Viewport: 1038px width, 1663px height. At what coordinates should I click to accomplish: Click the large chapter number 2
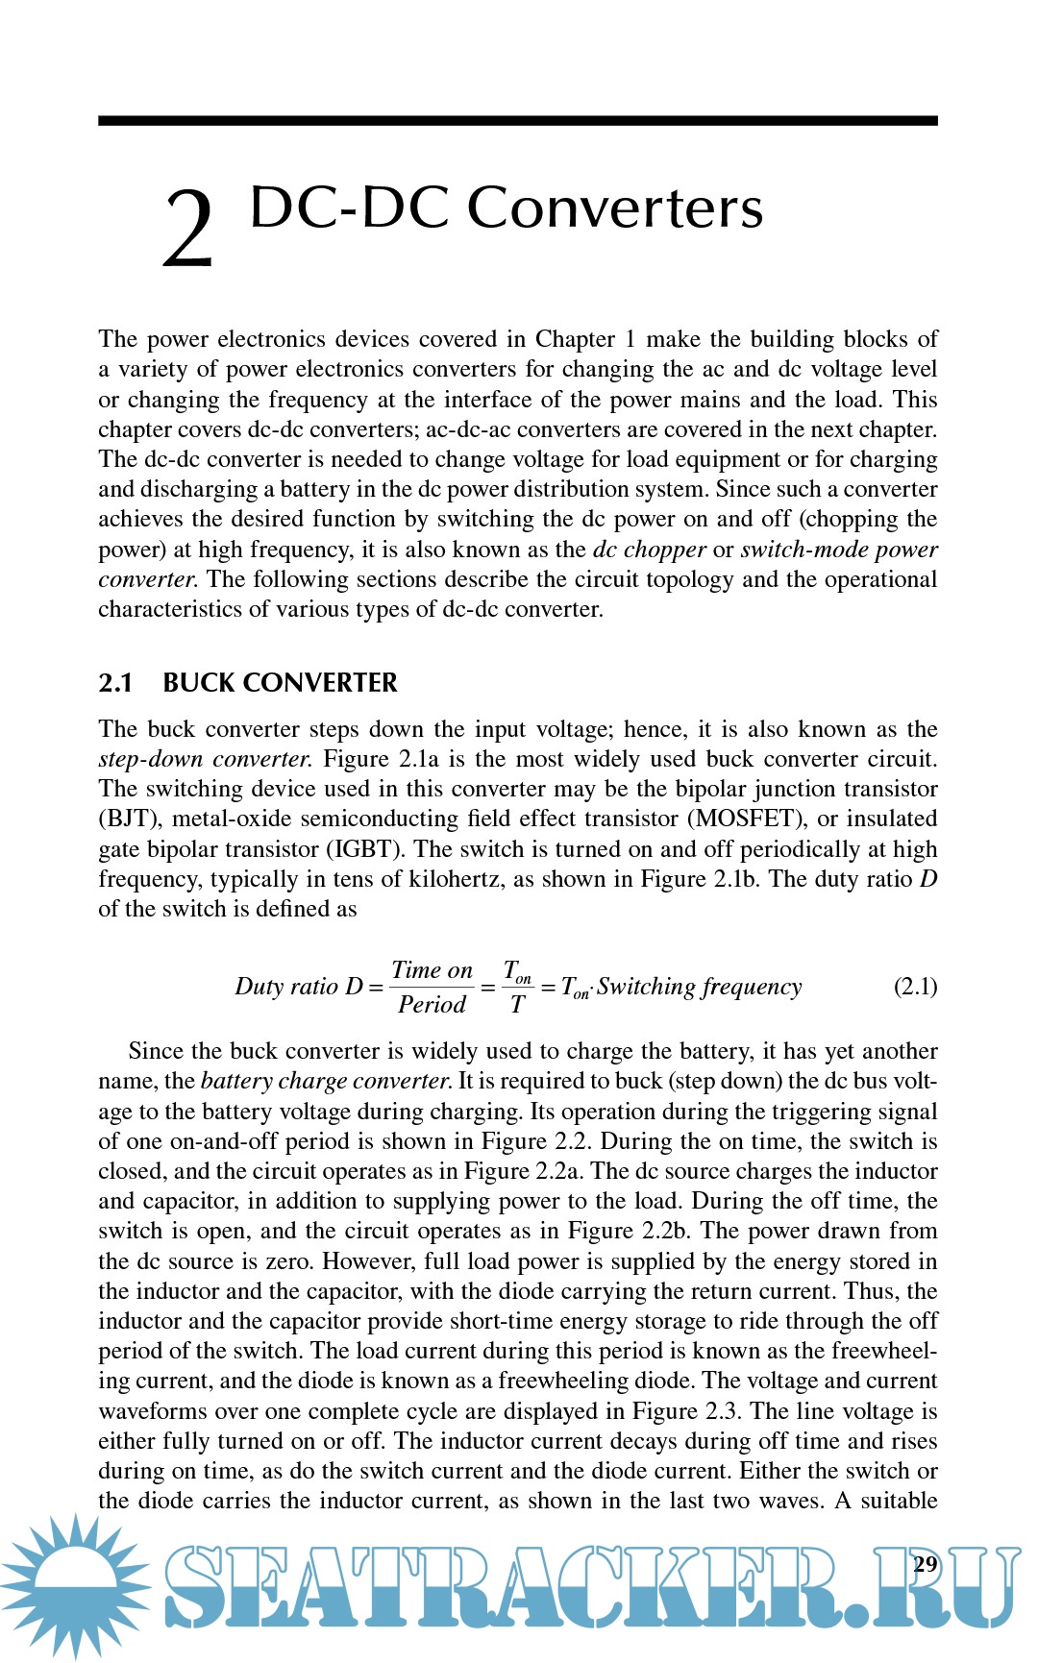tap(187, 229)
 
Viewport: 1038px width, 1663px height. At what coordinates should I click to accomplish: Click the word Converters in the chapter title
tap(615, 208)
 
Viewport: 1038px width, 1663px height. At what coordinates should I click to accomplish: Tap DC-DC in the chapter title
tap(349, 208)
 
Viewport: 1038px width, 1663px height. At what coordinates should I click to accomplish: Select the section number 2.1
tap(115, 683)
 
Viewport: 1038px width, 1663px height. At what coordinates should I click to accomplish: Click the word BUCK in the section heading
tap(199, 683)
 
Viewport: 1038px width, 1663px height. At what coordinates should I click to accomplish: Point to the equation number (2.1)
tap(915, 987)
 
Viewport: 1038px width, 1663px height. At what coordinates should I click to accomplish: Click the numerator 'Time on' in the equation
tap(432, 970)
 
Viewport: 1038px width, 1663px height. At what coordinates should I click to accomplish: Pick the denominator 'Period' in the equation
tap(432, 1005)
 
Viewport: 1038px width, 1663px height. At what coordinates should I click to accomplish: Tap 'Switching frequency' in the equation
tap(699, 987)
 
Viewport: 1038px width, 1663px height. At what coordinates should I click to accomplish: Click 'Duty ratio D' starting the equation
tap(299, 987)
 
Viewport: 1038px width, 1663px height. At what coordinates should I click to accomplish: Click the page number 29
tap(925, 1564)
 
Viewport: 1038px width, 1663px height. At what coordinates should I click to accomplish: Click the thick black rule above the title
tap(517, 121)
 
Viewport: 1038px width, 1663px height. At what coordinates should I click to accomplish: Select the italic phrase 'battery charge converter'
tap(326, 1081)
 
